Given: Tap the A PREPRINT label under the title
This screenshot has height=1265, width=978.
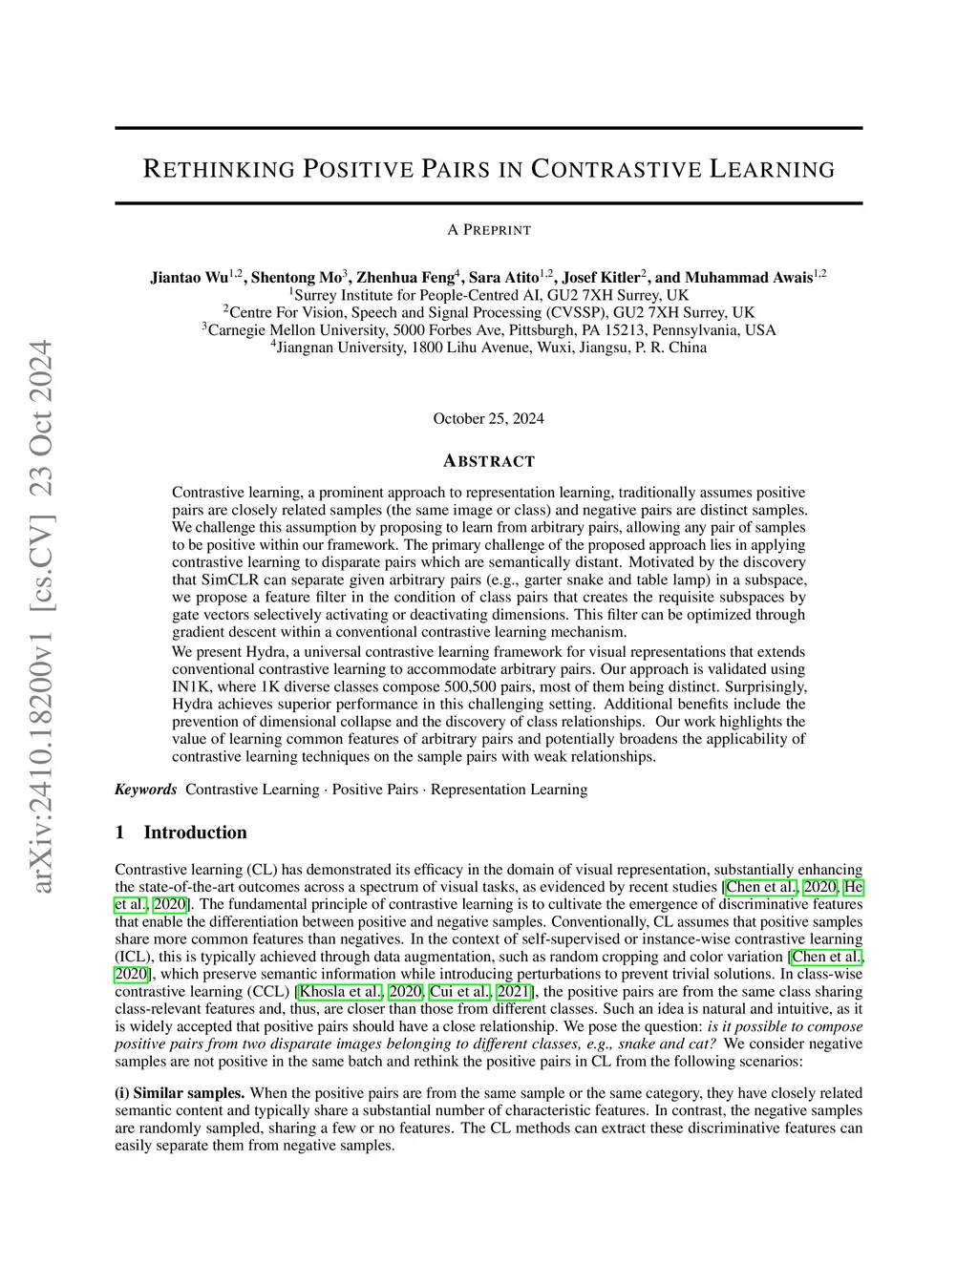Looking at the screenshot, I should coord(488,229).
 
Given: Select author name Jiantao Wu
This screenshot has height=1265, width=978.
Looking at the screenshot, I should coord(189,278).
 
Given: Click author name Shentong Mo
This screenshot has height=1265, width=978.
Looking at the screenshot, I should coord(296,278).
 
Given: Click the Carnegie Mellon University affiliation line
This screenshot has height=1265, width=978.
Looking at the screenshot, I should coord(489,330).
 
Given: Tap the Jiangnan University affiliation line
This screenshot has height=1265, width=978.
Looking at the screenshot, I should coord(489,348).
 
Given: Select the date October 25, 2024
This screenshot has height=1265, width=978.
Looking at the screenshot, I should coord(488,418).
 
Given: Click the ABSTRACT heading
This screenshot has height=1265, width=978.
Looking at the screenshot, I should coord(489,461).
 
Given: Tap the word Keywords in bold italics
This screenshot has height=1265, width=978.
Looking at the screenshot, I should coord(146,790).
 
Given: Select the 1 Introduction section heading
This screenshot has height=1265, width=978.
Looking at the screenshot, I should coord(181,833).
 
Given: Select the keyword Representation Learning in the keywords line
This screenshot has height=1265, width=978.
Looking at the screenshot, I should coord(509,790).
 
